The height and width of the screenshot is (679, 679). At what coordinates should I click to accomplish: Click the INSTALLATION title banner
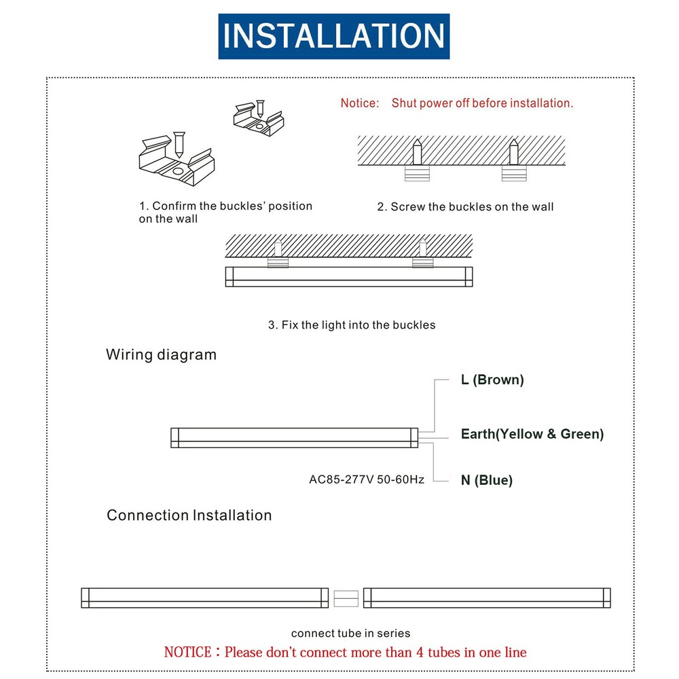[333, 36]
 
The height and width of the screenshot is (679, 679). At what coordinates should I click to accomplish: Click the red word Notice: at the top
[359, 103]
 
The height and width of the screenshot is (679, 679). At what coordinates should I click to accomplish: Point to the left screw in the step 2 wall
[418, 151]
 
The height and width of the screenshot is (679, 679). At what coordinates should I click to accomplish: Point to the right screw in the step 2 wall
[514, 151]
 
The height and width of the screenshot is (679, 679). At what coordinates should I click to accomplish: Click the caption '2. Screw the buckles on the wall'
[465, 207]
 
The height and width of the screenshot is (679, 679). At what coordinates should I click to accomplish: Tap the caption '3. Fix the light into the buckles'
[351, 325]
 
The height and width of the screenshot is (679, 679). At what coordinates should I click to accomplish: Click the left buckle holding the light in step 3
[278, 262]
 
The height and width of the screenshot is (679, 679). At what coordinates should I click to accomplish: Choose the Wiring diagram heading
[161, 354]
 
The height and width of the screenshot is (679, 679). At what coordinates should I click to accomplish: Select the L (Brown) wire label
[492, 380]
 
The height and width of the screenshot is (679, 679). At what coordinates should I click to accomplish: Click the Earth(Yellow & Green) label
[532, 434]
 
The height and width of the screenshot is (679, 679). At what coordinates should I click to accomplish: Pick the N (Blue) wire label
[486, 480]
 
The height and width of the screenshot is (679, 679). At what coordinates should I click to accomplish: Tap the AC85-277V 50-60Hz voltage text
[367, 479]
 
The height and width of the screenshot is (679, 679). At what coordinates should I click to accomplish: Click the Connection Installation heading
[189, 515]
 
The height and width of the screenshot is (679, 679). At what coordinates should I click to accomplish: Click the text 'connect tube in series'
[350, 634]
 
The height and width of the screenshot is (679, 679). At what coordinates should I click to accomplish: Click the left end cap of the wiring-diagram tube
[175, 438]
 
